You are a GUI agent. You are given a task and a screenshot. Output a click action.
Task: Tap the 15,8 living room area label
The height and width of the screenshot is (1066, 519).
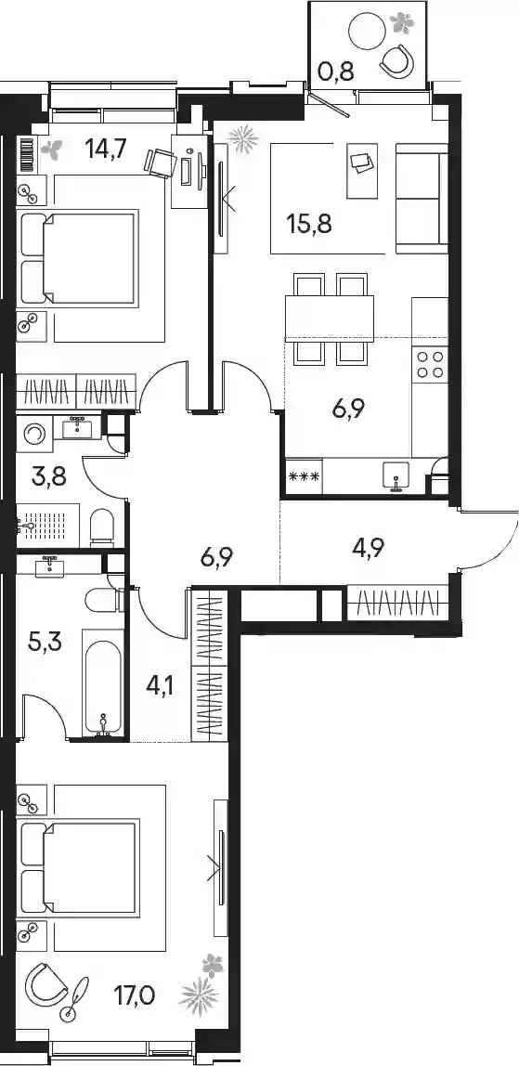(309, 224)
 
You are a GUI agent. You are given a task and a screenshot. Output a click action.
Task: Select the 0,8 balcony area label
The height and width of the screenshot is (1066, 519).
(336, 70)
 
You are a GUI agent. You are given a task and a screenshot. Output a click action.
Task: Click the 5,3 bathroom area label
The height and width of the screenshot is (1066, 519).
(45, 641)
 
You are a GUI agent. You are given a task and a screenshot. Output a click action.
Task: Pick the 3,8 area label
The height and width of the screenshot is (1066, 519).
(49, 477)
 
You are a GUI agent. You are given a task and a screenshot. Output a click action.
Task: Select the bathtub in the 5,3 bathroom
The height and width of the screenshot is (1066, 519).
(103, 682)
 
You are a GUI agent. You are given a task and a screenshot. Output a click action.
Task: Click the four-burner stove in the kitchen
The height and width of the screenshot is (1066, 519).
(429, 364)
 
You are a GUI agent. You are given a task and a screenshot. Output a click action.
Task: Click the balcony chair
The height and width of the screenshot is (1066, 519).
(397, 59)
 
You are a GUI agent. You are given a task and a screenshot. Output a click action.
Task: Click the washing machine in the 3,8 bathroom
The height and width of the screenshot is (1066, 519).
(33, 434)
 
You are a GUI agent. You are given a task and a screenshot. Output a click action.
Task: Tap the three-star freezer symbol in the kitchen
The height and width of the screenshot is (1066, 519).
(305, 475)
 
